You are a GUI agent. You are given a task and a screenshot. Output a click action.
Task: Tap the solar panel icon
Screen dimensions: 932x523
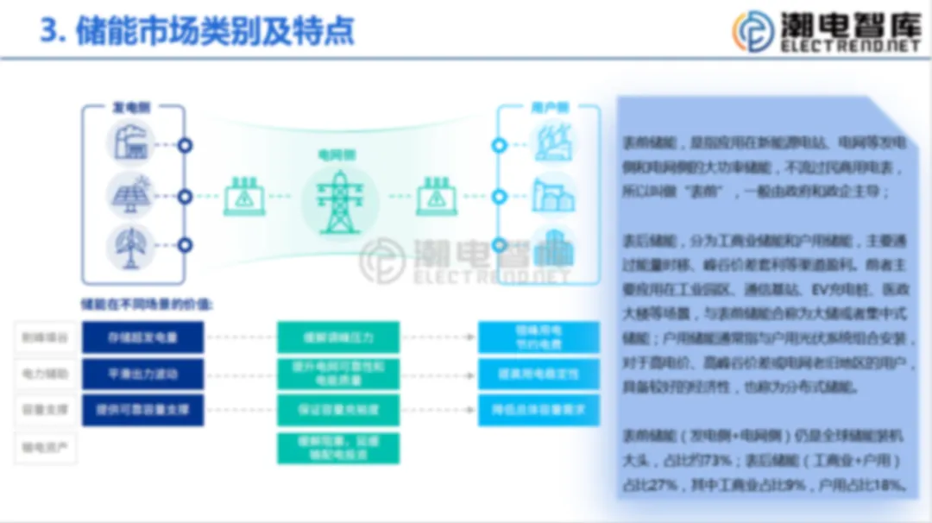point(132,195)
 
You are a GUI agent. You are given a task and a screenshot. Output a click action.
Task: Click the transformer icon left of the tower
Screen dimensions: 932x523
point(245,197)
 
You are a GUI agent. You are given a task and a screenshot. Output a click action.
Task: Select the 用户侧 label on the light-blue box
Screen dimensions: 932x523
point(550,108)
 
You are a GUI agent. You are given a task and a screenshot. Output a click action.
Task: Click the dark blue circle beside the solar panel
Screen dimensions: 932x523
point(185,196)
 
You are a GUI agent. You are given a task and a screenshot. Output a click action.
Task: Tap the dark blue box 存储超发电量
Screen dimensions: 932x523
point(143,337)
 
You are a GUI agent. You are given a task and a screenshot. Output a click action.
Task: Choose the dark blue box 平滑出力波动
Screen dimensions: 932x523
point(143,374)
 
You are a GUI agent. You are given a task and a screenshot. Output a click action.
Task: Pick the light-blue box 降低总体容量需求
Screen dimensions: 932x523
point(538,410)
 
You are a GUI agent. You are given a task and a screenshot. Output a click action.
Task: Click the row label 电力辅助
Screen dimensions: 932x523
point(45,374)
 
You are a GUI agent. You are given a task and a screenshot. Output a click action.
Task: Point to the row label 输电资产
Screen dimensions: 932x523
point(45,447)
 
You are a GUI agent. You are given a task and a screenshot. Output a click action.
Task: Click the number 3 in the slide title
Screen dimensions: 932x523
point(48,31)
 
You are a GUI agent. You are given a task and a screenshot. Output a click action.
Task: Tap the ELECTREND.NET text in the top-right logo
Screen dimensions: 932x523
point(850,47)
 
